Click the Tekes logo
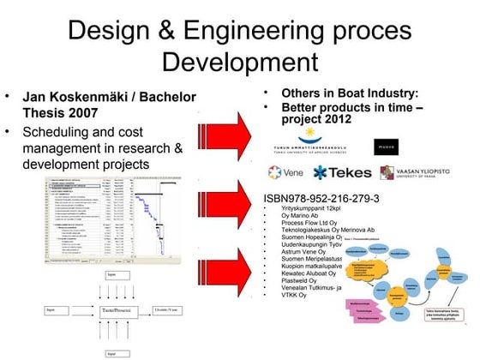click(x=344, y=172)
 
